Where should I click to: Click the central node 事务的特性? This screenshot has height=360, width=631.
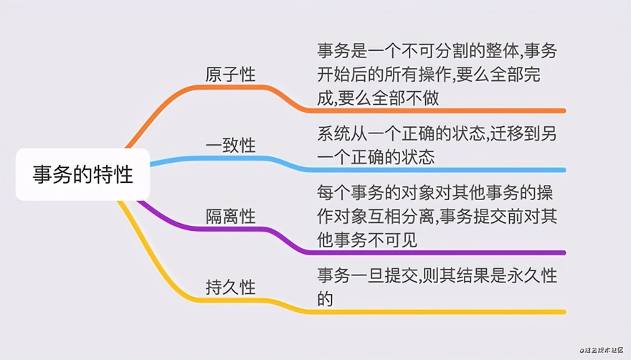(x=82, y=174)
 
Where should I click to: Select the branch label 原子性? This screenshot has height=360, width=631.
(x=231, y=75)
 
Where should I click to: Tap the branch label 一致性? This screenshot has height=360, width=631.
(x=231, y=145)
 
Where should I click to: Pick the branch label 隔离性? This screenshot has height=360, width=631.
(x=231, y=217)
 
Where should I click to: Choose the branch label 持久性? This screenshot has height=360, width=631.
(x=231, y=287)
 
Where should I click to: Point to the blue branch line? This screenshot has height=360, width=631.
(x=282, y=161)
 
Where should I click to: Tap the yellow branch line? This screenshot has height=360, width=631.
(x=282, y=303)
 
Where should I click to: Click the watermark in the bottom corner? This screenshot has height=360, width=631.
(x=602, y=351)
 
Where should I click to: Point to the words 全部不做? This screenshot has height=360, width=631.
(x=405, y=98)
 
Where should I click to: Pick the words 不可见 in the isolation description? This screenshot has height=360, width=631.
(x=392, y=240)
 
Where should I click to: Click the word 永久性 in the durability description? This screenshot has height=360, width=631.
(x=532, y=276)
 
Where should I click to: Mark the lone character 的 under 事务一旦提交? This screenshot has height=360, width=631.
(x=325, y=299)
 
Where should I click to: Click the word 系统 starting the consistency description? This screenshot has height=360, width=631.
(x=333, y=133)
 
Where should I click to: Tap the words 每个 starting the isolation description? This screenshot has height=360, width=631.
(x=333, y=192)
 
